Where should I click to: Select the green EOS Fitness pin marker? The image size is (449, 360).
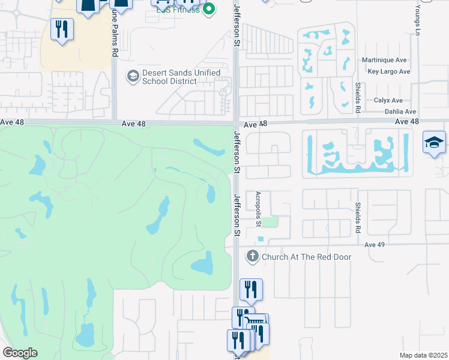tap(209, 9)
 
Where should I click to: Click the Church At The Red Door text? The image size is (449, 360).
tap(306, 257)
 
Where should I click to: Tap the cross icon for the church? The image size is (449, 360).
tap(252, 257)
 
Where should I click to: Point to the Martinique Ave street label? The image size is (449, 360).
tap(385, 61)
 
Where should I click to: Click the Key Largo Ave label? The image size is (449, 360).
tap(388, 71)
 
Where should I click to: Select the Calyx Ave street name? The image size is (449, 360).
tap(388, 101)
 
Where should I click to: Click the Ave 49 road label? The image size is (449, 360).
tap(373, 245)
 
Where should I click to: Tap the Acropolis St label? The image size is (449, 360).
tap(259, 209)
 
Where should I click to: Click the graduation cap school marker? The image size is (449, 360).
tap(434, 143)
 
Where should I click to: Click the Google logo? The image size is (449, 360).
tap(20, 353)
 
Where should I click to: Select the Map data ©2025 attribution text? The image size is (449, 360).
tap(423, 355)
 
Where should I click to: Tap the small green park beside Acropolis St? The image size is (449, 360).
tap(272, 222)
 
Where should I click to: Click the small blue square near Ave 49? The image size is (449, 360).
tap(261, 239)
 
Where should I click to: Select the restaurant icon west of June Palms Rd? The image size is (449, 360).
tap(62, 29)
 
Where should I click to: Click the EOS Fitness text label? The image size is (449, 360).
tap(178, 10)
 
